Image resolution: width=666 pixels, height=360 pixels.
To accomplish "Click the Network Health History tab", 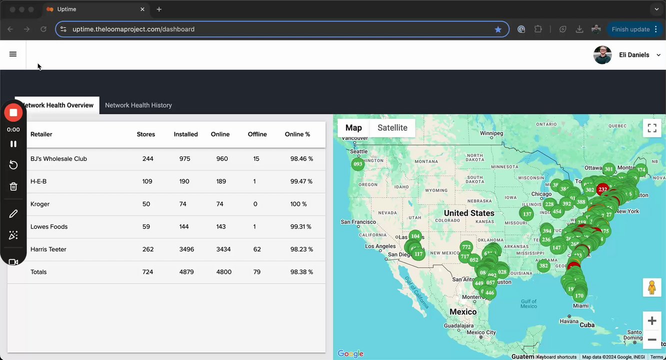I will coord(138,105).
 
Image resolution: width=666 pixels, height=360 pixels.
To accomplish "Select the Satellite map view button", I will coord(392,127).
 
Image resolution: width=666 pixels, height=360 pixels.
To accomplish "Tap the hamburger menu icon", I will coord(13,54).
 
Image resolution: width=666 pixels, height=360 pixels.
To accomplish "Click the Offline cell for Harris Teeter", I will coord(257,249).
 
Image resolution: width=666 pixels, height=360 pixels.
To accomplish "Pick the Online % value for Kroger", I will coord(298,204).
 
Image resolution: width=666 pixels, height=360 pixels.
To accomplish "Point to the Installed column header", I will coord(185,134).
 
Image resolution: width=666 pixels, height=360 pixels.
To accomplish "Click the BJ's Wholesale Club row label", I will coord(58,158).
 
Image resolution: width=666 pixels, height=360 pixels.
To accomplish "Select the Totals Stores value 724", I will coord(148,272).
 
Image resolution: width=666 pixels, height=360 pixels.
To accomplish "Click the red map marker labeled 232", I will coord(602,189).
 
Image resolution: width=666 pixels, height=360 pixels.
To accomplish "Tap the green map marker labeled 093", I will coord(357,164).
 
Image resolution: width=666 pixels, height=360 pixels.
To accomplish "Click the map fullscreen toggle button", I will coord(651,128).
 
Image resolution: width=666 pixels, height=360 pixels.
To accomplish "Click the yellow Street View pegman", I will coord(651,287).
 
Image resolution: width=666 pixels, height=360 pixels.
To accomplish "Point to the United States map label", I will coord(468,213).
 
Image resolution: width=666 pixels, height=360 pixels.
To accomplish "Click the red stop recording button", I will coord(13,112).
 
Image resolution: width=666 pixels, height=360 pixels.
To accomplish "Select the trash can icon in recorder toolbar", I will coord(13,186).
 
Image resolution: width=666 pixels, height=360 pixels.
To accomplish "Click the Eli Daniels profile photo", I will coord(602,55).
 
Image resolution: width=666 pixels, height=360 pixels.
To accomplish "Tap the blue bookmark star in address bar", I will coord(498,29).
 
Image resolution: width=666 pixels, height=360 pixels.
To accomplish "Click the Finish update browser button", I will coord(630,29).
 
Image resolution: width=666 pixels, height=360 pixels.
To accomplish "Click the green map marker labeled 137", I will coord(526,214).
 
